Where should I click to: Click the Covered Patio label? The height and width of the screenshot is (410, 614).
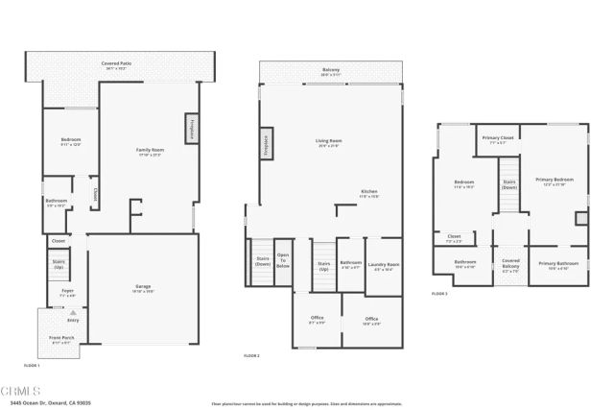(117, 65)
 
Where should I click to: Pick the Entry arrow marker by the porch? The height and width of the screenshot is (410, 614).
(71, 313)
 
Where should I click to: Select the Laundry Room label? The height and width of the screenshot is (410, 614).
(385, 266)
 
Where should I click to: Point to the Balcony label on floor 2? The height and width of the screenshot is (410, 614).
(330, 72)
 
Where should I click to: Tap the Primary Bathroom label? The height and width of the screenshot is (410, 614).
(556, 265)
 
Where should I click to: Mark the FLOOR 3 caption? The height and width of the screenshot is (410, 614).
(439, 294)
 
